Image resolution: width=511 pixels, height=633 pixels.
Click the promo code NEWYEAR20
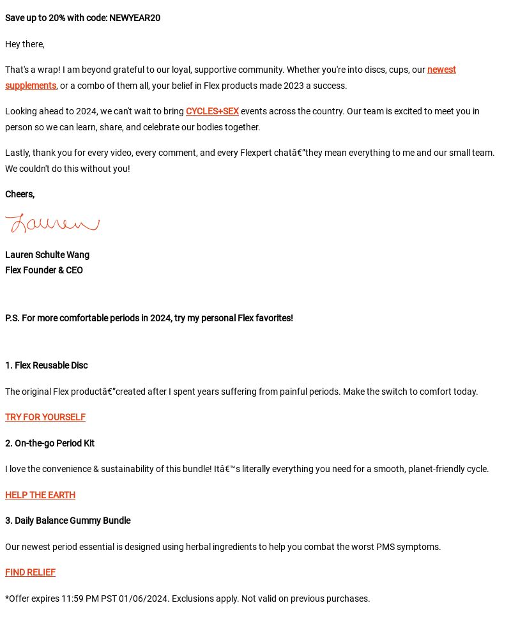coord(135,18)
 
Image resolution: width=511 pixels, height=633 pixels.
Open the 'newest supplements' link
coord(441,70)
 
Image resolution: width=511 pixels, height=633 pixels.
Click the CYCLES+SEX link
coord(212,111)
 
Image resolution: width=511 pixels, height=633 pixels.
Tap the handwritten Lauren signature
coord(52,223)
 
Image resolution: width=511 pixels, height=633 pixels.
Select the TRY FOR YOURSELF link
coord(45,417)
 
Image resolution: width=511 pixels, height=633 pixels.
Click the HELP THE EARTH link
coord(40,495)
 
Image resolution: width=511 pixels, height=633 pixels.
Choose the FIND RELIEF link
coord(30,572)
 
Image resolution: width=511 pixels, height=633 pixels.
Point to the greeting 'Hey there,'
coord(25,44)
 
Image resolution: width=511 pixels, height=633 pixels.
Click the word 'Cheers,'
coord(20,194)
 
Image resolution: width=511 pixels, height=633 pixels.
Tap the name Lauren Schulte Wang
coord(47,255)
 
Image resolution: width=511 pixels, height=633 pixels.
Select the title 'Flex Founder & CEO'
coord(44,270)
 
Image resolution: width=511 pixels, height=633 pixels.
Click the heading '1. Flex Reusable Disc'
coord(47,365)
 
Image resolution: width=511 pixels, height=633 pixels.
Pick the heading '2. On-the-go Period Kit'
coord(50,443)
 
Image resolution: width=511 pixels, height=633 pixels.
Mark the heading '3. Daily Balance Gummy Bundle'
coord(68,521)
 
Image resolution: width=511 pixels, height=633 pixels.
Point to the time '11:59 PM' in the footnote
coord(79,599)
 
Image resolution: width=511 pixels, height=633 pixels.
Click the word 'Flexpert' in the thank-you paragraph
coord(256,153)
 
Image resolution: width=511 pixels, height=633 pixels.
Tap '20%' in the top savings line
coord(57,18)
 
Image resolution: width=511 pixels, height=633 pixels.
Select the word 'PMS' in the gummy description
coord(385,547)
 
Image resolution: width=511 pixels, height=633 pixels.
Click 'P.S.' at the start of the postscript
coord(12,318)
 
